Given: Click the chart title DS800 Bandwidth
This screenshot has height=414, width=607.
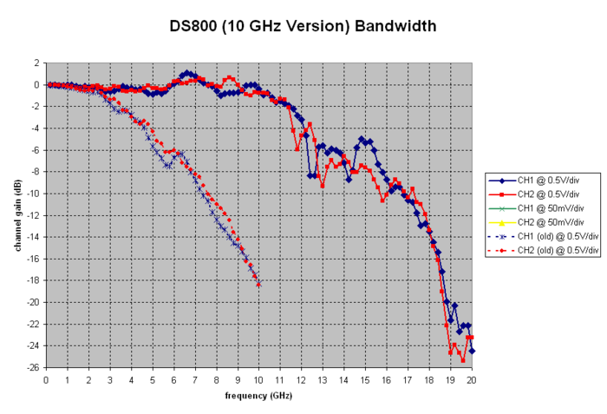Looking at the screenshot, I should (x=303, y=26).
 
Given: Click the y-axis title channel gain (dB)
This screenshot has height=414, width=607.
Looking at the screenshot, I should (x=18, y=215).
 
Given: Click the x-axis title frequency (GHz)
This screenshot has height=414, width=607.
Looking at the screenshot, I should (x=258, y=396).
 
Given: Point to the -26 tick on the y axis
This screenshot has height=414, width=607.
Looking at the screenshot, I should (x=34, y=368).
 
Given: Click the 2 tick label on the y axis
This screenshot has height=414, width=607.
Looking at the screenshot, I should (x=36, y=63).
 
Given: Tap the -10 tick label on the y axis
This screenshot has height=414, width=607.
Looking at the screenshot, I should (x=34, y=194).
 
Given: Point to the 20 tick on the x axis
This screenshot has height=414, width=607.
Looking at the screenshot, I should (x=472, y=379).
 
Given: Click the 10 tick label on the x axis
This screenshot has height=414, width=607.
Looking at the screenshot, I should (x=258, y=379).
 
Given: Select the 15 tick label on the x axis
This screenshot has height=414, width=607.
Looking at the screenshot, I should (x=365, y=379).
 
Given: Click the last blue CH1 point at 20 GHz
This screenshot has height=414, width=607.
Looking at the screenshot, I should (x=472, y=352).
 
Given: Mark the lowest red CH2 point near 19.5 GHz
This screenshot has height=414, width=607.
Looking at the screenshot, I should (x=463, y=360).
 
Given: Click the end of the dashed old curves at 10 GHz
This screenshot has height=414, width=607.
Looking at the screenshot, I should (x=258, y=284).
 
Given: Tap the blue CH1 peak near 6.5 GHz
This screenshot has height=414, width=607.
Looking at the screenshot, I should (x=186, y=73).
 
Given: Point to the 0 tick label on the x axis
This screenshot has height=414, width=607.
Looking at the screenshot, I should (x=45, y=379).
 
